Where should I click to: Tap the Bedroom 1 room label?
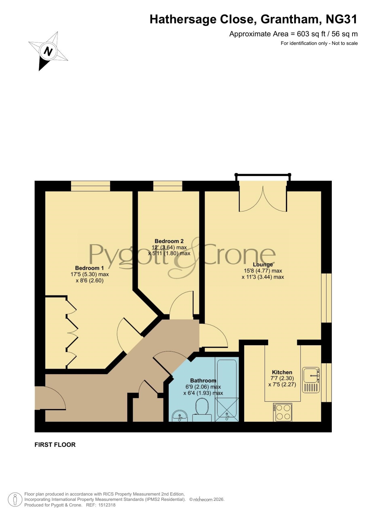[x=89, y=268]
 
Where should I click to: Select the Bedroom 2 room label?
[x=169, y=241]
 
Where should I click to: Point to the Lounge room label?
[x=263, y=264]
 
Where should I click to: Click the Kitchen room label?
[x=282, y=372]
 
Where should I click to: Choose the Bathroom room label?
[x=203, y=380]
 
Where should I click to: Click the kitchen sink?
[x=311, y=380]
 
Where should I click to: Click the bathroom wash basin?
[x=180, y=416]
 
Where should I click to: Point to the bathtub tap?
[x=227, y=416]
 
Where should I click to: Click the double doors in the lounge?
[x=263, y=197]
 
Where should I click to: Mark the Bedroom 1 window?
[x=90, y=186]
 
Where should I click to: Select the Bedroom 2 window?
[x=168, y=186]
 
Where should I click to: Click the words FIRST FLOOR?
[x=55, y=445]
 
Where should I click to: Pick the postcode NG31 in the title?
[x=342, y=19]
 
